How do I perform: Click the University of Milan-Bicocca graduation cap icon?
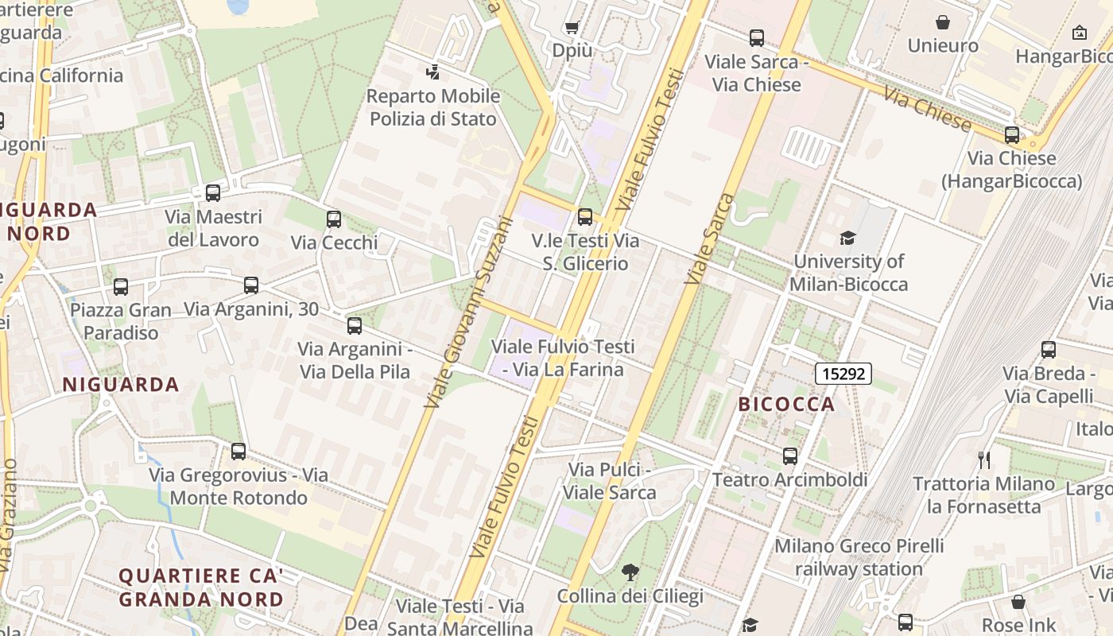pyautogui.click(x=847, y=238)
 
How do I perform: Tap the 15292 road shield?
pyautogui.click(x=843, y=373)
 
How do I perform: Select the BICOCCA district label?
pyautogui.click(x=786, y=404)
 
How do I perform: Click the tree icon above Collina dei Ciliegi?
pyautogui.click(x=630, y=572)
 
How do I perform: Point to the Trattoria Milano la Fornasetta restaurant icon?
pyautogui.click(x=984, y=460)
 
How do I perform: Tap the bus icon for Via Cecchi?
pyautogui.click(x=334, y=219)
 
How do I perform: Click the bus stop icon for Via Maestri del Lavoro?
pyautogui.click(x=213, y=192)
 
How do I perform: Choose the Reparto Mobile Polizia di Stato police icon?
pyautogui.click(x=432, y=72)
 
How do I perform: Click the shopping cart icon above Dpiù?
pyautogui.click(x=572, y=28)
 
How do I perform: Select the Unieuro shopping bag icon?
pyautogui.click(x=943, y=22)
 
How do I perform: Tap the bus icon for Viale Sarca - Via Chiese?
pyautogui.click(x=757, y=37)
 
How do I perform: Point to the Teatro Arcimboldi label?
pyautogui.click(x=789, y=479)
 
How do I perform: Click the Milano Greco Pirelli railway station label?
pyautogui.click(x=859, y=557)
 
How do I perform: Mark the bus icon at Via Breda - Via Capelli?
pyautogui.click(x=1049, y=349)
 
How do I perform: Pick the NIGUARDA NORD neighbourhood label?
pyautogui.click(x=49, y=222)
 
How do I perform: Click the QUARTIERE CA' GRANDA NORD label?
pyautogui.click(x=200, y=587)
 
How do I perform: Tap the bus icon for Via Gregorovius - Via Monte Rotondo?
pyautogui.click(x=238, y=452)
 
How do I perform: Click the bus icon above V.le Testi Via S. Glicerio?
pyautogui.click(x=585, y=216)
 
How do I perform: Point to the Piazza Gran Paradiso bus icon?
pyautogui.click(x=121, y=286)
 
